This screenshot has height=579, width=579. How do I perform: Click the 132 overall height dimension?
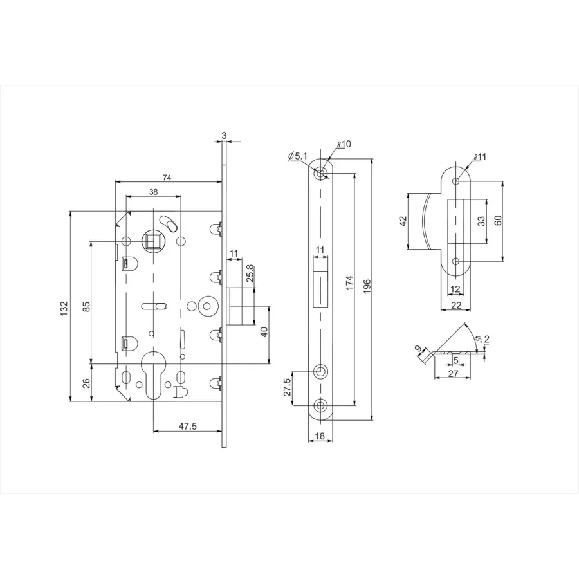click(64, 308)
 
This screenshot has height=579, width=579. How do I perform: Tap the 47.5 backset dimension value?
click(188, 426)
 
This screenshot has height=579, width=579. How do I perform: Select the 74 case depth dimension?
click(167, 178)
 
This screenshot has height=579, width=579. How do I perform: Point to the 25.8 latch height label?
click(250, 273)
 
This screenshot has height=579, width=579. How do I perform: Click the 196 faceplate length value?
click(367, 286)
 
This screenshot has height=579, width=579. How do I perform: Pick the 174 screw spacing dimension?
click(350, 282)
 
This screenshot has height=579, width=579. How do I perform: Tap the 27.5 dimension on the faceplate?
click(288, 387)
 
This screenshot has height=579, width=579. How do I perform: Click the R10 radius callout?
click(344, 144)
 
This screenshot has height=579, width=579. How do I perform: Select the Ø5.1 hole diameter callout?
click(298, 156)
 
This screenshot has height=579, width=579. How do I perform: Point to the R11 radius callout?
click(480, 157)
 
